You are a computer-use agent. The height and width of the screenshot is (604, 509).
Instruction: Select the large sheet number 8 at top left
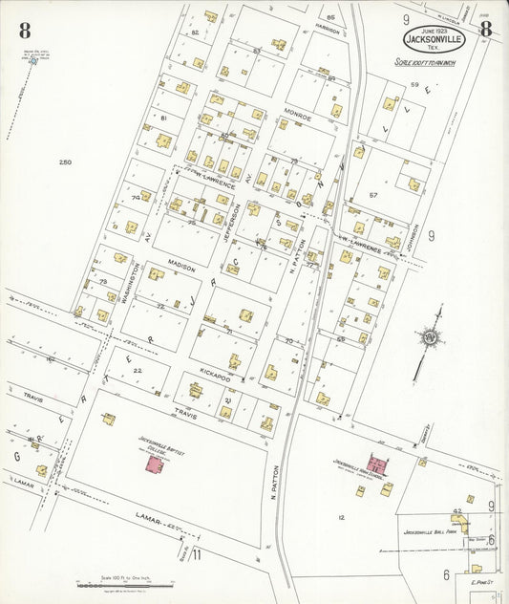click(24, 31)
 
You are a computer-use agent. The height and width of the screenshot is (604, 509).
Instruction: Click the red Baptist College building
click(153, 463)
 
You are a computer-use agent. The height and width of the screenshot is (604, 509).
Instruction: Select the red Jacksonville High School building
click(376, 467)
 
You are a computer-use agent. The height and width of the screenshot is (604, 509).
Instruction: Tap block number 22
click(138, 371)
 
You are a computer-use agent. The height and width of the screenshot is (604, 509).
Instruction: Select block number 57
click(373, 195)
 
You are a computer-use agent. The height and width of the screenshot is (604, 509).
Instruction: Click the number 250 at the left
click(65, 162)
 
